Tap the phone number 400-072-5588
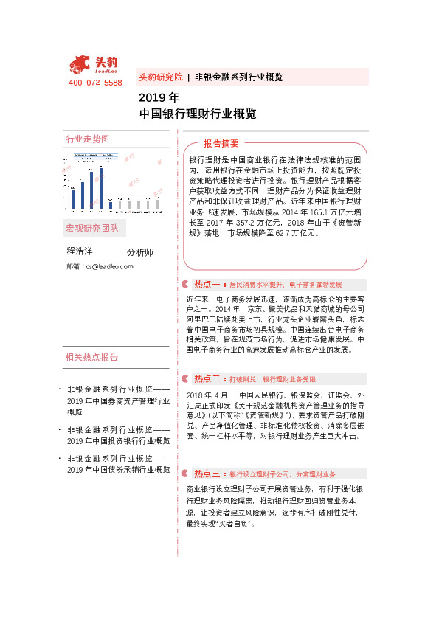[x=95, y=83]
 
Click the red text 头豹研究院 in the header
[x=160, y=77]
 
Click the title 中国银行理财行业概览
[x=198, y=114]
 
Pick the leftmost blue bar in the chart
[x=74, y=195]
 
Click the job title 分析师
[x=140, y=252]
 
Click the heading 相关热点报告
[x=91, y=358]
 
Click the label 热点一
[x=208, y=284]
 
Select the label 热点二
[x=208, y=378]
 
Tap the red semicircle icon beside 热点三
[x=184, y=473]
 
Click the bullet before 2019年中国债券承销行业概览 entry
[x=59, y=459]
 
